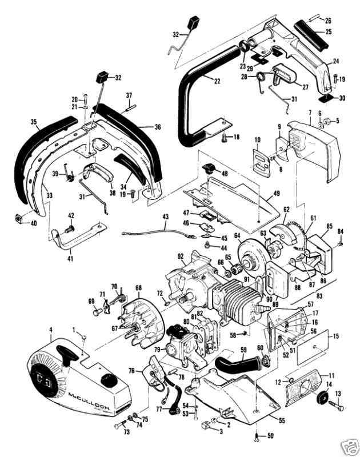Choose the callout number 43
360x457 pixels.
click(165, 217)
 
